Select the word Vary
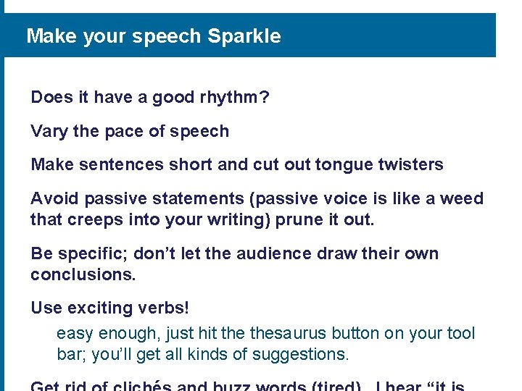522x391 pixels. coord(49,132)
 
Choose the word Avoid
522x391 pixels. coord(54,198)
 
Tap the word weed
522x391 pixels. coord(461,198)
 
